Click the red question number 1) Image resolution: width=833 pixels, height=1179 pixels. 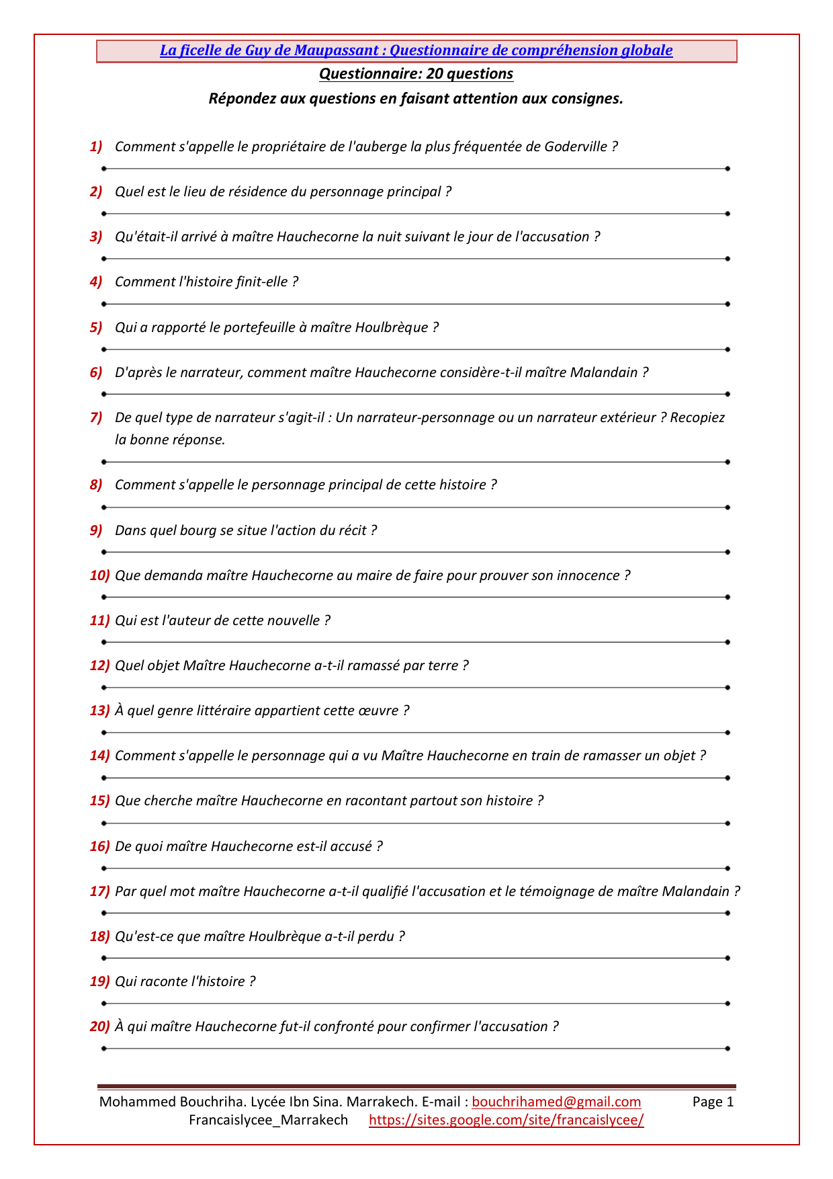[96, 147]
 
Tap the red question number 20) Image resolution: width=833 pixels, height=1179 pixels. [99, 1026]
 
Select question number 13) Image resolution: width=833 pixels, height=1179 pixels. [99, 710]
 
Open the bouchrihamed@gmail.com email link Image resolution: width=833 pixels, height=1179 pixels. [556, 1102]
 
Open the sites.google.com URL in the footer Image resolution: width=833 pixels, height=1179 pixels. [507, 1120]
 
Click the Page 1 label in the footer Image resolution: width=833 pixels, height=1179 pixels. [713, 1102]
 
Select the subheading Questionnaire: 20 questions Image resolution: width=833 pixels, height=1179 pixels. [416, 74]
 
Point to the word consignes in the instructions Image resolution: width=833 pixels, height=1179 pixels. [590, 99]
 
